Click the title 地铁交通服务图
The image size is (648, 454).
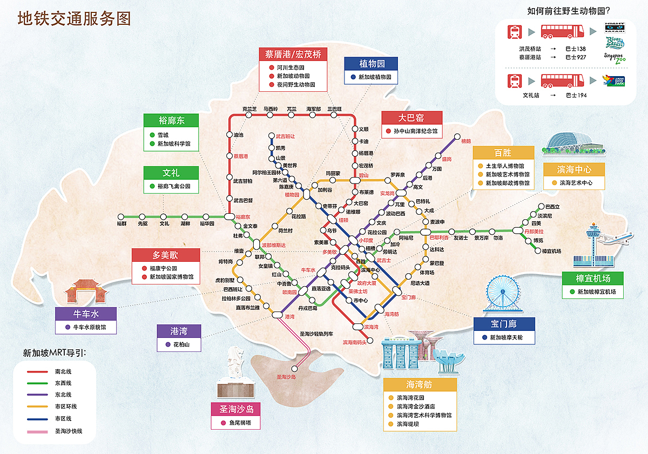pyautogui.click(x=74, y=19)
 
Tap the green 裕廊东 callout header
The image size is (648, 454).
pyautogui.click(x=172, y=120)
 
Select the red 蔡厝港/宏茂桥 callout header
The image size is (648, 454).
pyautogui.click(x=293, y=54)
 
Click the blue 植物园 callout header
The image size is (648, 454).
pyautogui.click(x=372, y=64)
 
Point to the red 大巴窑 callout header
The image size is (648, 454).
pyautogui.click(x=411, y=118)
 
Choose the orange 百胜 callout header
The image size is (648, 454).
pyautogui.click(x=503, y=153)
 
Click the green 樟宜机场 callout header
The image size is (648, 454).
pyautogui.click(x=592, y=279)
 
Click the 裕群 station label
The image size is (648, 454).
pyautogui.click(x=122, y=223)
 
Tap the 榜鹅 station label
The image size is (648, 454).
pyautogui.click(x=465, y=141)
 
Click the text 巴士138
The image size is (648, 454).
pyautogui.click(x=576, y=49)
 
